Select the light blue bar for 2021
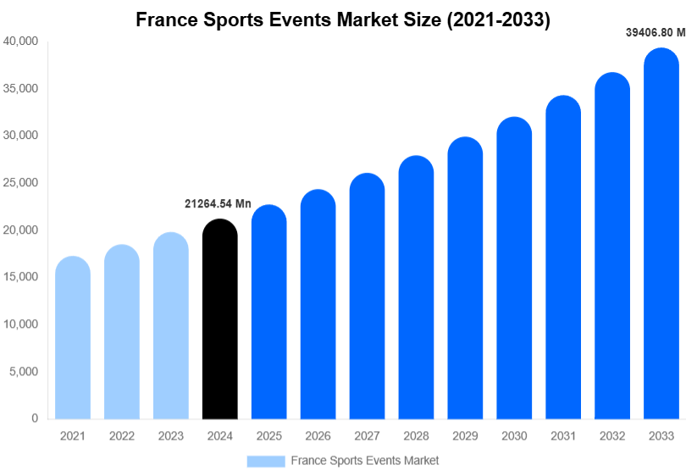[x=73, y=338]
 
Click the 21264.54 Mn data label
[x=218, y=203]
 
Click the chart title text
[x=343, y=20]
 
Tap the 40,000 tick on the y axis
[x=21, y=41]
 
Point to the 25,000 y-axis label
[x=21, y=182]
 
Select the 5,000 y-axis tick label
[x=24, y=371]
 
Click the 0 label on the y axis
[x=35, y=418]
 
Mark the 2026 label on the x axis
[x=318, y=436]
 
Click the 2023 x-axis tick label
[x=171, y=436]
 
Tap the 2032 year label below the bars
[x=611, y=436]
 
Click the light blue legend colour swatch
[x=266, y=461]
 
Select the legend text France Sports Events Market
[x=364, y=461]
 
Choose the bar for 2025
[x=269, y=313]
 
